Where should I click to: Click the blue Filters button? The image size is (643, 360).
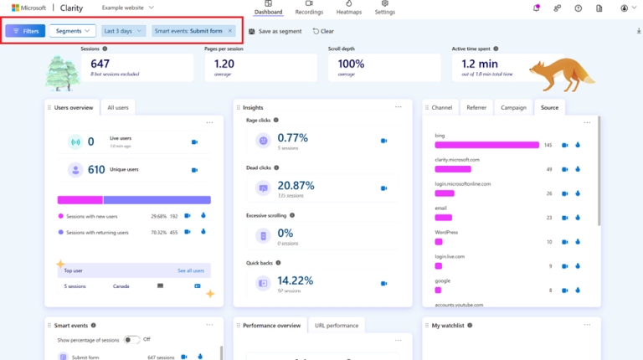click(x=25, y=31)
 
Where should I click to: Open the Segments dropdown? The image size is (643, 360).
click(x=72, y=31)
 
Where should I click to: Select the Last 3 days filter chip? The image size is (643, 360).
click(x=123, y=31)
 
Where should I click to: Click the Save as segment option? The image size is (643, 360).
click(x=275, y=31)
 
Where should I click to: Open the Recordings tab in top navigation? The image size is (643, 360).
click(x=309, y=8)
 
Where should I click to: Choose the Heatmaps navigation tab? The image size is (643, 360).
click(x=349, y=8)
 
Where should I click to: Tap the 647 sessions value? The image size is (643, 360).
click(x=100, y=63)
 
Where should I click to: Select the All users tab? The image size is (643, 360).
click(x=117, y=107)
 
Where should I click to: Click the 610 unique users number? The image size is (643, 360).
click(x=96, y=169)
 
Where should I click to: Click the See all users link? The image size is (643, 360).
click(x=190, y=270)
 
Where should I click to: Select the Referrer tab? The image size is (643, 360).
click(x=476, y=107)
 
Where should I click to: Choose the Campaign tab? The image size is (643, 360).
click(x=513, y=107)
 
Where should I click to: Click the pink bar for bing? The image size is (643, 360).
click(x=486, y=145)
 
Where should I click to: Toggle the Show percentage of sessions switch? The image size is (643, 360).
click(x=131, y=340)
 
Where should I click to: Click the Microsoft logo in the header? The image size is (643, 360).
click(x=16, y=8)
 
